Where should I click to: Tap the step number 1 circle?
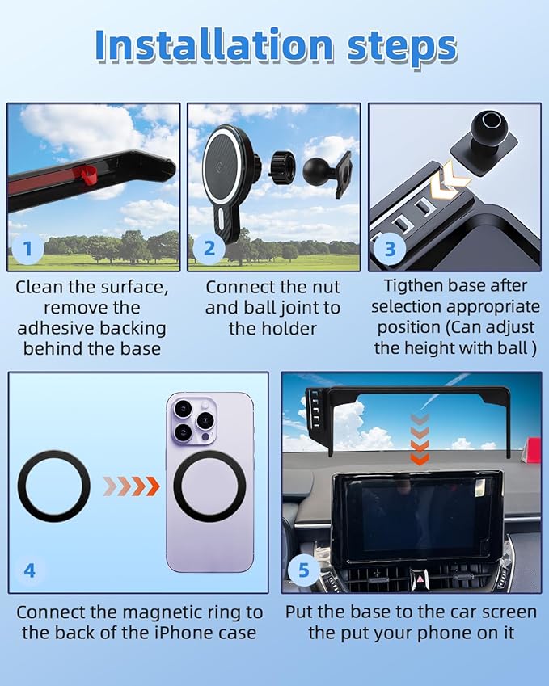(x=27, y=248)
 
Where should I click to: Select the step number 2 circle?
(x=209, y=248)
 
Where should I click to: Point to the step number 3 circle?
(x=390, y=248)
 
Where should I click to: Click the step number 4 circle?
(x=29, y=570)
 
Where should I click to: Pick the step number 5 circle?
(x=303, y=570)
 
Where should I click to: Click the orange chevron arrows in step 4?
(x=130, y=486)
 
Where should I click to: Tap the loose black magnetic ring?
(x=53, y=486)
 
